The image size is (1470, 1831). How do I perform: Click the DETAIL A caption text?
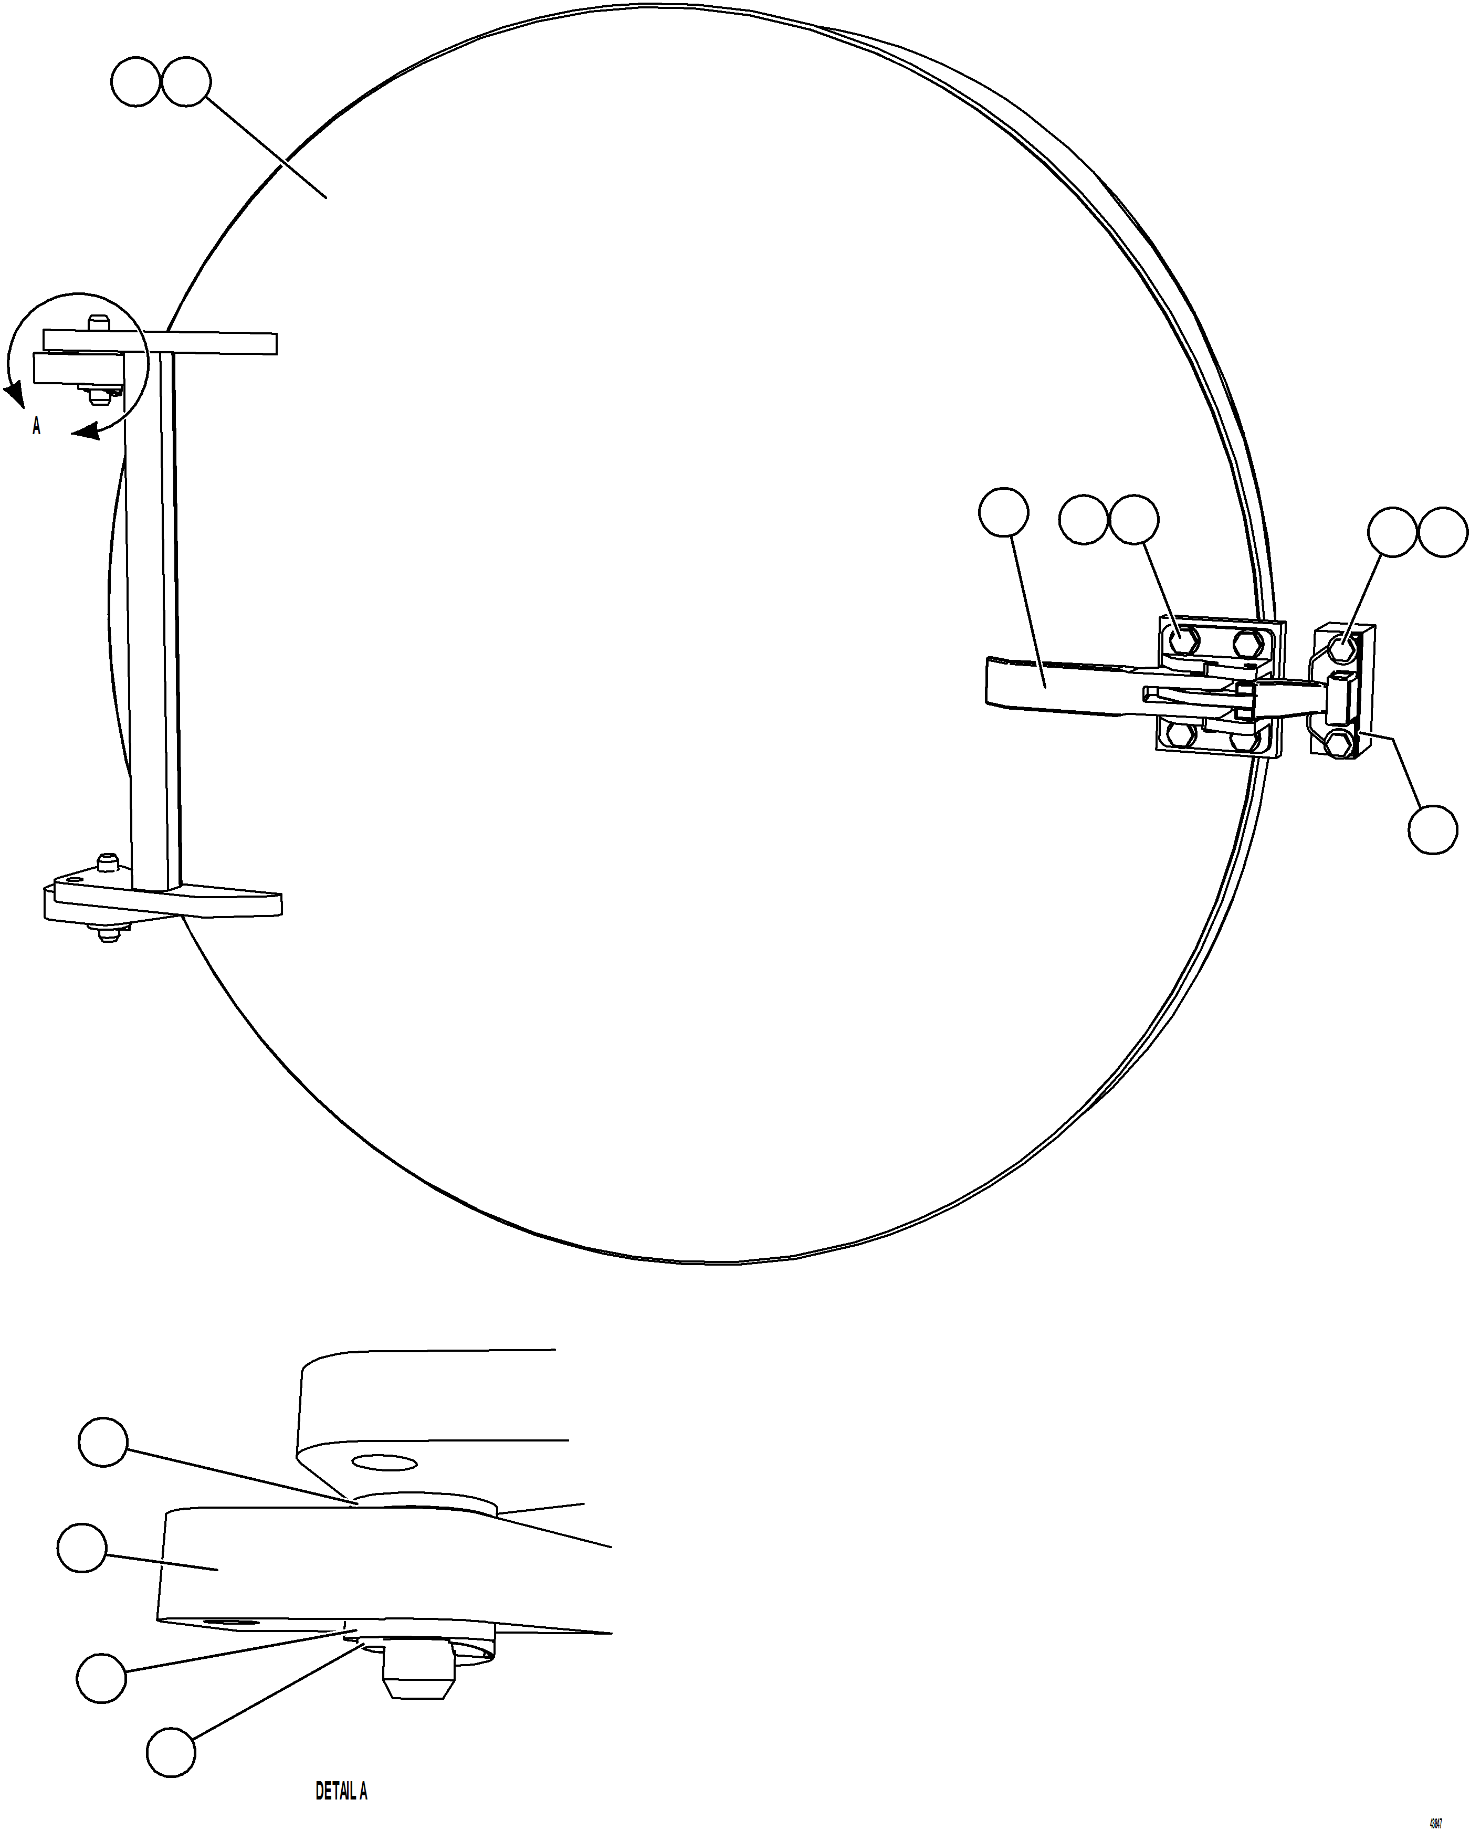(x=341, y=1791)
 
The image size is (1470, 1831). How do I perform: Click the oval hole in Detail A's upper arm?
(x=384, y=1463)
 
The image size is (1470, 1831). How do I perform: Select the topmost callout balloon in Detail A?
(x=103, y=1441)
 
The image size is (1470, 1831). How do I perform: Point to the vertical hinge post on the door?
(x=153, y=612)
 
